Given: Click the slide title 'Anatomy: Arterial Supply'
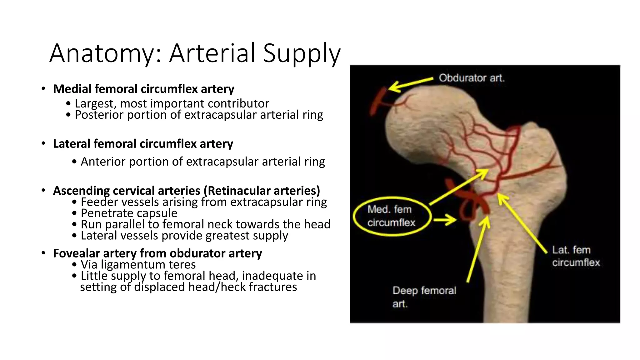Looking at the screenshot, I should coord(195,53).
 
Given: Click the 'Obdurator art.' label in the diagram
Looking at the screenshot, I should coord(471,78).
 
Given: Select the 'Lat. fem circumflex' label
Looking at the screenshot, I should coord(575,256).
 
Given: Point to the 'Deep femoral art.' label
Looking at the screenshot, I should coord(424,297).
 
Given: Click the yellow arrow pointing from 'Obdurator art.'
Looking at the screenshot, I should coord(409,83).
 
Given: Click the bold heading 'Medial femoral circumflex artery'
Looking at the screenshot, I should coord(143,89).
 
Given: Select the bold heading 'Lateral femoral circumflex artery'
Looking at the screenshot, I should coord(143,144).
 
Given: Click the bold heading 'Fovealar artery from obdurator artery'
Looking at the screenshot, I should coord(157,253).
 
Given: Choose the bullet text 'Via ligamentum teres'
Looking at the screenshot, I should coord(138,264).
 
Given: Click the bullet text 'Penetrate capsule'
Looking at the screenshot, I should coord(129,213).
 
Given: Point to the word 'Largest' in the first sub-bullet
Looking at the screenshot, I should coord(95,103).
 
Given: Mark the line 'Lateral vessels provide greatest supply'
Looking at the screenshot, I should coord(184,236).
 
